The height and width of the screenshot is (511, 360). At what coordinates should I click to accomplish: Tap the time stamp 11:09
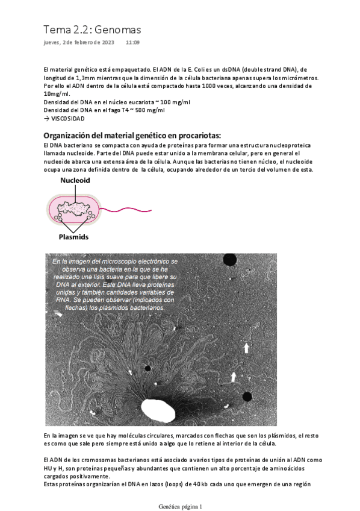pos(132,43)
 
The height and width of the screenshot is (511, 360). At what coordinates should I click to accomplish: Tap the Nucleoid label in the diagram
pos(75,180)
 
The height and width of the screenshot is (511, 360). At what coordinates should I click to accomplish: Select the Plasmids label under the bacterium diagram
pos(73,237)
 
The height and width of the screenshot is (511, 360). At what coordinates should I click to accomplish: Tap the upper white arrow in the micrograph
pos(246,348)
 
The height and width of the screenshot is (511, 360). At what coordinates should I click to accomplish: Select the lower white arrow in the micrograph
pos(234,377)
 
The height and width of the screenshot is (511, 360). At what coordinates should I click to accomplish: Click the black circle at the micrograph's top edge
pos(229,259)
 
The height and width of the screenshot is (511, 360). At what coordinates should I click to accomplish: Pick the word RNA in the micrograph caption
pos(62,299)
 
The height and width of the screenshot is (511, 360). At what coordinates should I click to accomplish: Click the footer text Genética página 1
pos(181,506)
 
